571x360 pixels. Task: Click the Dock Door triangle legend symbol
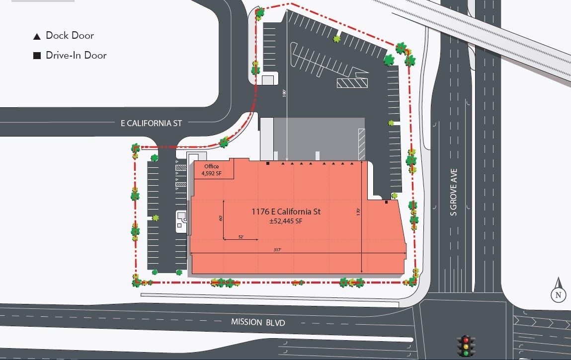(x=37, y=36)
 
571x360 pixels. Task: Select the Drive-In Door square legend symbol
(x=37, y=56)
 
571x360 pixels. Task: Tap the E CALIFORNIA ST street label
(x=152, y=123)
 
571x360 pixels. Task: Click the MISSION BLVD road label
(x=258, y=322)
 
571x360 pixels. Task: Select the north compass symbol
(x=558, y=291)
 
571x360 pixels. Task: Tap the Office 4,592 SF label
(x=211, y=170)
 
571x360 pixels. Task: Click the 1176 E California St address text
(x=286, y=212)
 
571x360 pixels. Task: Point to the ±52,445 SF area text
(x=286, y=221)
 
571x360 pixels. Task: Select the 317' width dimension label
(x=277, y=250)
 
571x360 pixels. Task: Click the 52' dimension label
(x=241, y=236)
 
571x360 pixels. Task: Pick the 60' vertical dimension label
(x=220, y=217)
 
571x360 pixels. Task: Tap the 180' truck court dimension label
(x=284, y=93)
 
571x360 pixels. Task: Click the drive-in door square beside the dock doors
(x=268, y=163)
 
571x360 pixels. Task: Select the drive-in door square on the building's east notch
(x=386, y=202)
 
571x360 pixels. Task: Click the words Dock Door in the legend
(x=70, y=36)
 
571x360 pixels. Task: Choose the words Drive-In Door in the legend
(x=76, y=56)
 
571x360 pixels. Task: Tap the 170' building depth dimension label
(x=358, y=211)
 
